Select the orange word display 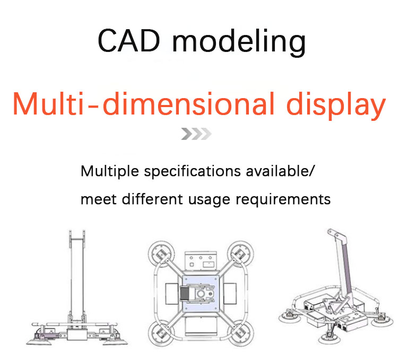click(330, 104)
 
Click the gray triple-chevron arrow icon click(196, 134)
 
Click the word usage click(204, 200)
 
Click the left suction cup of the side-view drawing click(39, 340)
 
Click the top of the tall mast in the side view click(77, 235)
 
